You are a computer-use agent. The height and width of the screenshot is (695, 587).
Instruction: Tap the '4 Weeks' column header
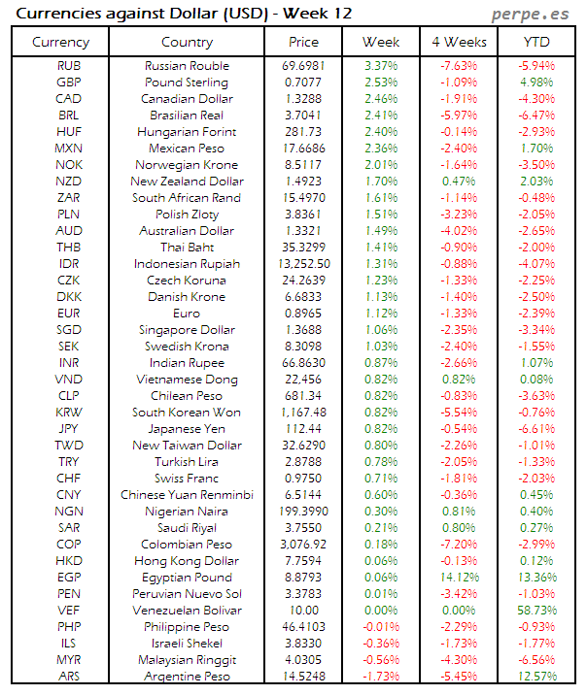click(458, 42)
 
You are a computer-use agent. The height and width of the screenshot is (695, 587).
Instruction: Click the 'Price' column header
click(303, 42)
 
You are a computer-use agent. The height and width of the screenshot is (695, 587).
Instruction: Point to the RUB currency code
click(69, 66)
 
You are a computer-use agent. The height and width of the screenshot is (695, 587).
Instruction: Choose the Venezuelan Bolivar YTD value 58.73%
click(535, 611)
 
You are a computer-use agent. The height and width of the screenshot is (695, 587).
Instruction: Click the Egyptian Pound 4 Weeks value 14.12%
click(458, 578)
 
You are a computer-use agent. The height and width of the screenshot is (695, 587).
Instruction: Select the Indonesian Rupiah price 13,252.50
click(303, 264)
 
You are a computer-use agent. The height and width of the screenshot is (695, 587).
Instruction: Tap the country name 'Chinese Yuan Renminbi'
click(187, 495)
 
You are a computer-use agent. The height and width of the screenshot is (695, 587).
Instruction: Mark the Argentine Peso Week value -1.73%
click(381, 677)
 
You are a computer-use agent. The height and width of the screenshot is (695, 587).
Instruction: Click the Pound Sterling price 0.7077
click(303, 83)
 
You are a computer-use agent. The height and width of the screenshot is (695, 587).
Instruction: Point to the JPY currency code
click(69, 429)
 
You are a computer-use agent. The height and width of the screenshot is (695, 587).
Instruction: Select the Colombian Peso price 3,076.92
click(303, 545)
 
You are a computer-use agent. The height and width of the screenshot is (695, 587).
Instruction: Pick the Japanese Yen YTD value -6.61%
click(535, 429)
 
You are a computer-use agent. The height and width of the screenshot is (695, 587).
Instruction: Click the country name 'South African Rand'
click(187, 198)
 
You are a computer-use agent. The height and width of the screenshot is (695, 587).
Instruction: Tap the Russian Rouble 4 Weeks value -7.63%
click(458, 66)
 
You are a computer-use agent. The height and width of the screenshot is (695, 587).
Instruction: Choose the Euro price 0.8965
click(303, 314)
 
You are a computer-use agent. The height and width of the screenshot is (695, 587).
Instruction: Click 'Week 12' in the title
click(320, 14)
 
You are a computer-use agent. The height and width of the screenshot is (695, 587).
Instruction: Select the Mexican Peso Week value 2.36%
click(381, 149)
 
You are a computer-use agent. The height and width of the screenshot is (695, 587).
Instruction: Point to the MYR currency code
click(69, 660)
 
